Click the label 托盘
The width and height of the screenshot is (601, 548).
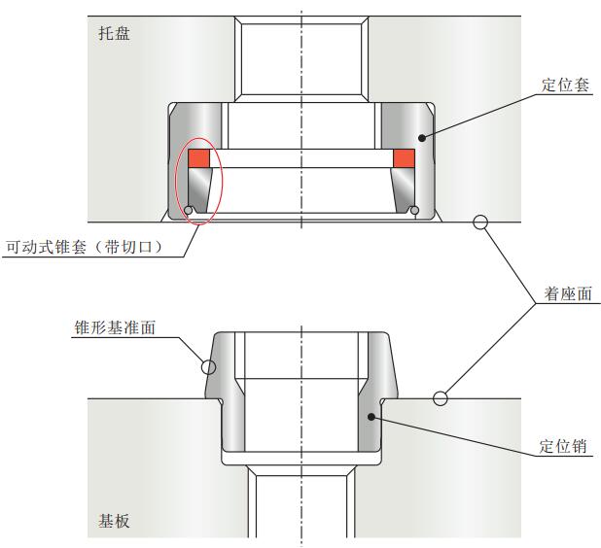point(114,34)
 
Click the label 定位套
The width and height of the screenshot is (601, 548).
point(566,86)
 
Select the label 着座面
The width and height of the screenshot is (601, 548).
point(569,292)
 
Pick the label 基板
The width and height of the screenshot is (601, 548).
point(114,521)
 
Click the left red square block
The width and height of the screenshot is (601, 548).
point(199,157)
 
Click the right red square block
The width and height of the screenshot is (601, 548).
point(404,157)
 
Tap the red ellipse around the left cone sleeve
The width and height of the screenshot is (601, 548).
point(178,180)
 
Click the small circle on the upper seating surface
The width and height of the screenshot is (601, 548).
point(479,222)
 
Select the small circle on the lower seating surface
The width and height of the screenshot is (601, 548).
point(441,396)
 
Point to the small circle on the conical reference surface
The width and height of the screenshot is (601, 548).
point(207,366)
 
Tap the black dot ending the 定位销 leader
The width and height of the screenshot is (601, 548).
point(371,416)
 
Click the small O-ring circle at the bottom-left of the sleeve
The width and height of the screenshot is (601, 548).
point(188,211)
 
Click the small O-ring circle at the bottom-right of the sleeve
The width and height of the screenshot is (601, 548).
point(415,211)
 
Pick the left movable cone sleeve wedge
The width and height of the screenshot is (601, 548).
point(199,190)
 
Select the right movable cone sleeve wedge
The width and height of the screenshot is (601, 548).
point(404,190)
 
